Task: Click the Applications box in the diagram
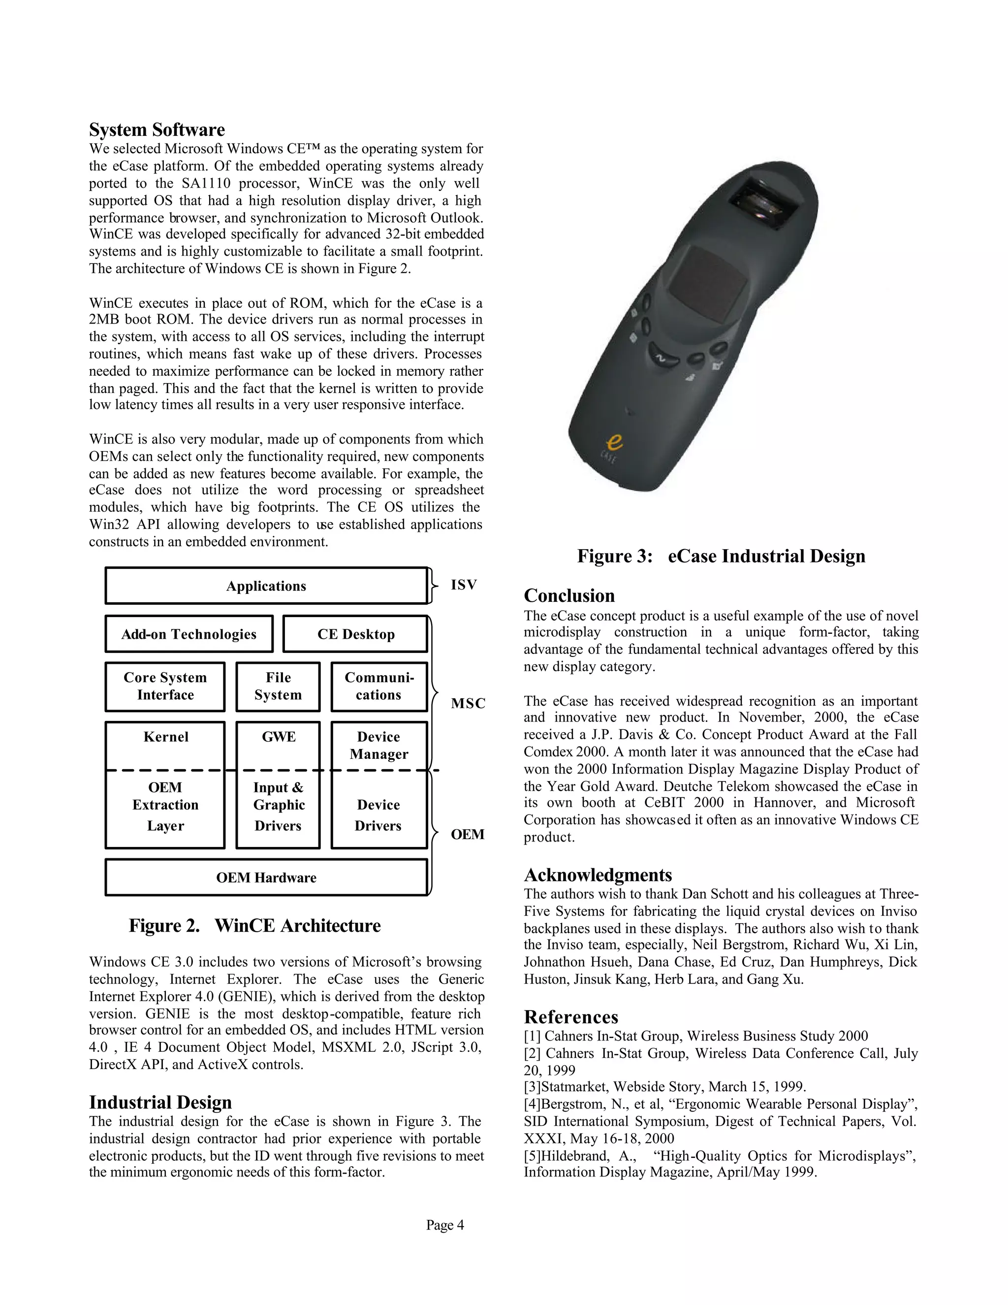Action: (266, 586)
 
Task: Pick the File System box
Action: (278, 686)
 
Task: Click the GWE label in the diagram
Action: (278, 737)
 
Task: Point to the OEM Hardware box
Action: (266, 878)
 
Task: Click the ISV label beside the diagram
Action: (463, 585)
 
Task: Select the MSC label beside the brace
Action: (468, 704)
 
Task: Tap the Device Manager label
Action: (378, 746)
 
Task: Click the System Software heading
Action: (157, 130)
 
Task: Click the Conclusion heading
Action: (569, 596)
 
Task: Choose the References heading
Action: (571, 1017)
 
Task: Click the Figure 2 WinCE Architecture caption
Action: (254, 926)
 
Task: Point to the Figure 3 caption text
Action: (721, 556)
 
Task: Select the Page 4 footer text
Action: (445, 1226)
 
